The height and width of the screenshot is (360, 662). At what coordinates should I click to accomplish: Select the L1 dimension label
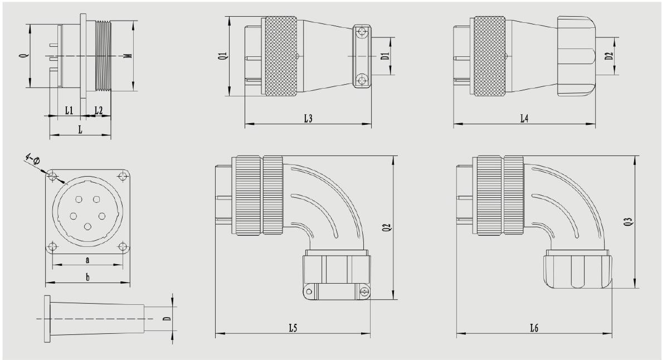(x=69, y=110)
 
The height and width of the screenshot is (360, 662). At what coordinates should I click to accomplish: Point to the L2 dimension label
(x=98, y=110)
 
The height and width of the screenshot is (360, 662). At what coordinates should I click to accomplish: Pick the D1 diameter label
(x=384, y=56)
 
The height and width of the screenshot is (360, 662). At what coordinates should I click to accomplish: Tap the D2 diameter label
(x=609, y=56)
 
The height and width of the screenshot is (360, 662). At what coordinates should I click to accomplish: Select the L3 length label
(x=308, y=119)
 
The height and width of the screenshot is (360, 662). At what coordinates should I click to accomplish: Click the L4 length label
(x=524, y=119)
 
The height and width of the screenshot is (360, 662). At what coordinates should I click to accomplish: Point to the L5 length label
(x=293, y=328)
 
